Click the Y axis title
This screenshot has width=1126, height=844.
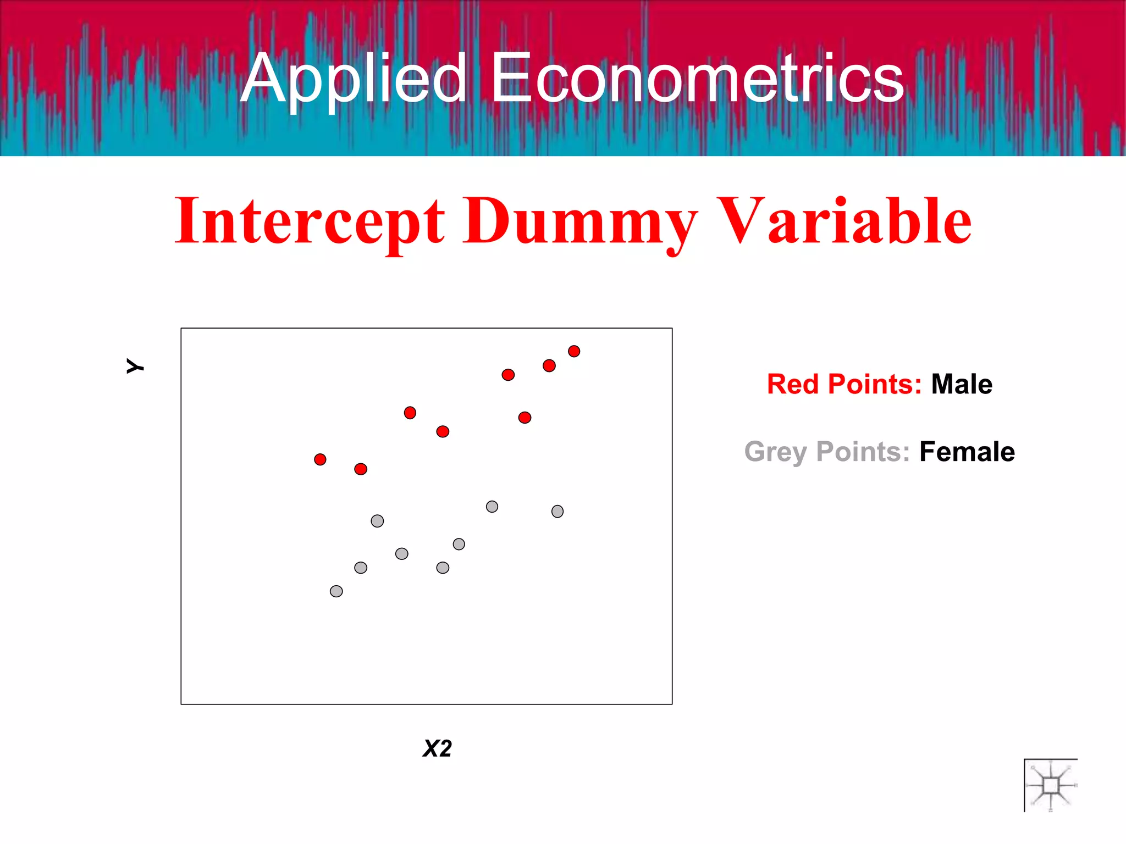(135, 366)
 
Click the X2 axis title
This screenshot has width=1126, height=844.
(437, 748)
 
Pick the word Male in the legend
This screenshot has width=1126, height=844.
(962, 384)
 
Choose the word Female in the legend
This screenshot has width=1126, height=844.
(967, 452)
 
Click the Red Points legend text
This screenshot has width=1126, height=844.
(844, 384)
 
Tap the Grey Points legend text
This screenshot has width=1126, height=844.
(827, 452)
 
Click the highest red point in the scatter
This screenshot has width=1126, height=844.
(574, 351)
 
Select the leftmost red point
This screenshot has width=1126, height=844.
(320, 459)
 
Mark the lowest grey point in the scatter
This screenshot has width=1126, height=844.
(336, 591)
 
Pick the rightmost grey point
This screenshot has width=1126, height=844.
(558, 512)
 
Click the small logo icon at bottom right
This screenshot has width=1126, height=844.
(1050, 785)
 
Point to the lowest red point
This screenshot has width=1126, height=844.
(361, 469)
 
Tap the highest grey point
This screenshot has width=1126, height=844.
(492, 507)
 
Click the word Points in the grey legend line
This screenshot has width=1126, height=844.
(863, 452)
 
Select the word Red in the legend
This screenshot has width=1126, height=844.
(792, 384)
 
